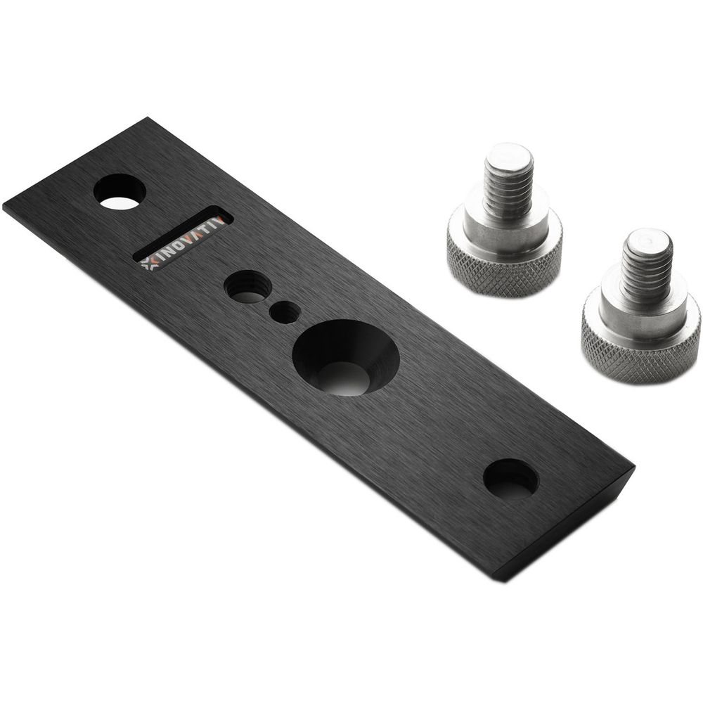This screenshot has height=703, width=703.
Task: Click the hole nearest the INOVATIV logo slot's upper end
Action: tap(120, 192)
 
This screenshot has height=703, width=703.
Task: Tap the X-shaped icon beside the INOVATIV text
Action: tap(148, 264)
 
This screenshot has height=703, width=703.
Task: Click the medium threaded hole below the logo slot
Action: tap(247, 287)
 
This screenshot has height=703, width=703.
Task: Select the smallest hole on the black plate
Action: tap(285, 312)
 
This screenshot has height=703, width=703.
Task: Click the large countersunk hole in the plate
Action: tap(346, 357)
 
